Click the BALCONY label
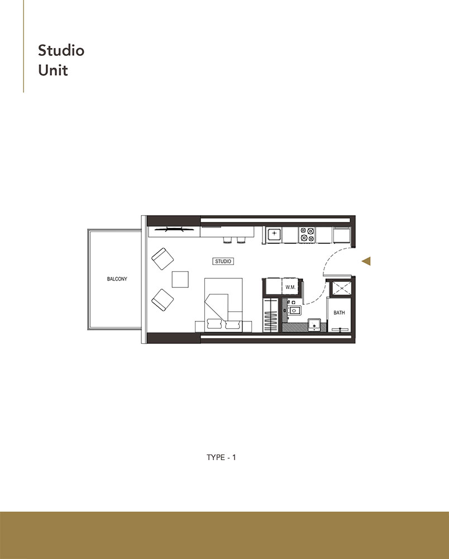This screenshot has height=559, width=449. tap(117, 279)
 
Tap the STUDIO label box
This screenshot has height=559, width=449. tap(223, 261)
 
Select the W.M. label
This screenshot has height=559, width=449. tap(290, 287)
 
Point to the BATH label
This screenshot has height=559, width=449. tap(339, 313)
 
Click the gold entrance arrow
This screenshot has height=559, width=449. tap(366, 261)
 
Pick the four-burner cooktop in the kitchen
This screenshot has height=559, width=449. tap(307, 234)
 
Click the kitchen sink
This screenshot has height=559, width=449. tap(274, 234)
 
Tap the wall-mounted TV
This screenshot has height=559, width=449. tap(174, 229)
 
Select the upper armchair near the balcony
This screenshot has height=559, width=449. tap(163, 259)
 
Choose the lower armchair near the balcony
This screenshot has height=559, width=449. tap(163, 300)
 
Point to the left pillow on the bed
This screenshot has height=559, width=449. tap(214, 323)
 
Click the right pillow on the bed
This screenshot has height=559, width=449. tap(233, 323)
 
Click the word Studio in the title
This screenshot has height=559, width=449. tap(61, 50)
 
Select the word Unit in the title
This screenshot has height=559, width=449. tap(52, 71)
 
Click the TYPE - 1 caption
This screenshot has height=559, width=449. tap(222, 457)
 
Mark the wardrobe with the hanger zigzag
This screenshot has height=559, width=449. tap(270, 316)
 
